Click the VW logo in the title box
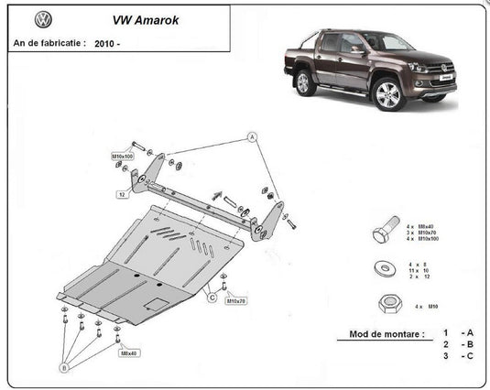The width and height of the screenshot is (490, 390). [42, 19]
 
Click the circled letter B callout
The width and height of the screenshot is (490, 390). [64, 367]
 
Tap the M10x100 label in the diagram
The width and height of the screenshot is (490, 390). [123, 157]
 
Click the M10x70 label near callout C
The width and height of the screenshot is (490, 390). [237, 300]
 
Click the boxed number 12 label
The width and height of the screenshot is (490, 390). [121, 195]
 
